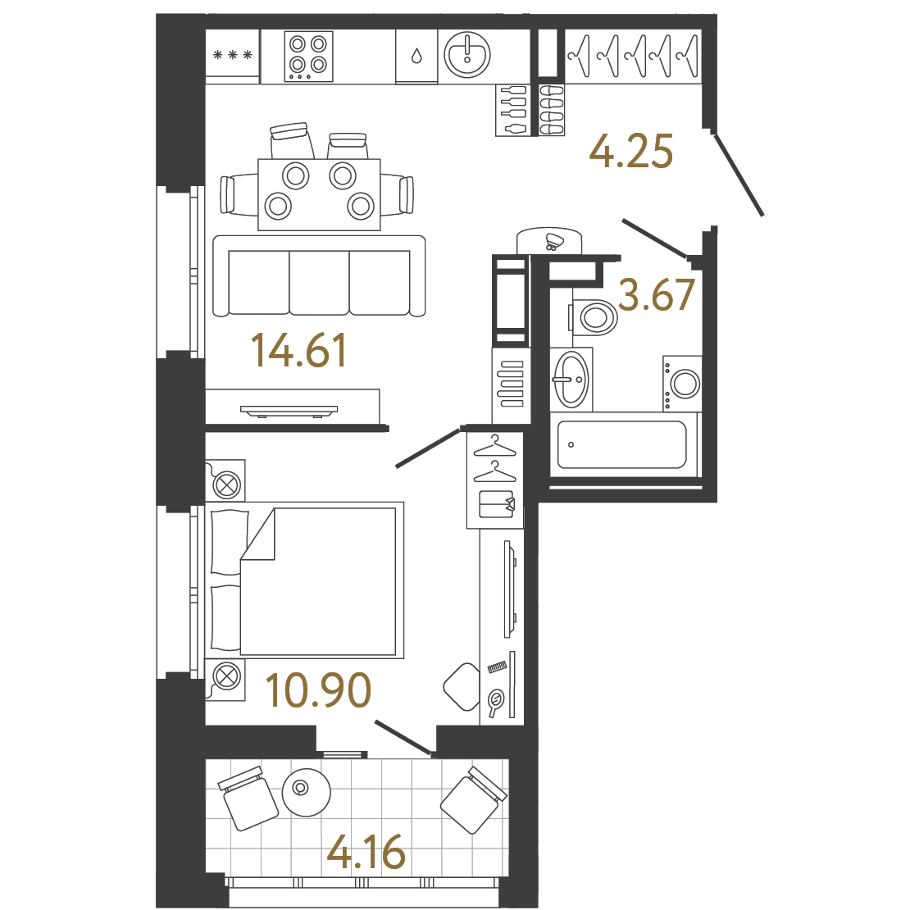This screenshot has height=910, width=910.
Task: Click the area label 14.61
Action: [x=299, y=350]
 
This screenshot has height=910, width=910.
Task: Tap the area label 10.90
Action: [x=318, y=690]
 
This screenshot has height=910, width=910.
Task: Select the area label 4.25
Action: [x=631, y=152]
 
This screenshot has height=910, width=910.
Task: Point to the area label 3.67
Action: [x=657, y=295]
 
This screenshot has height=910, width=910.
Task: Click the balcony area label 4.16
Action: [x=366, y=853]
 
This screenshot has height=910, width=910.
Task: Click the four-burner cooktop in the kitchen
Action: [x=308, y=56]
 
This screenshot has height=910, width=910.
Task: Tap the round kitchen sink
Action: [x=466, y=55]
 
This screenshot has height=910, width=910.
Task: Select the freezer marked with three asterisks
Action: [x=232, y=56]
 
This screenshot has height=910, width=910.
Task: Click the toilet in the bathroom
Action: [x=595, y=316]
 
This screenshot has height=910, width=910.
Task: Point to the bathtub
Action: [x=622, y=445]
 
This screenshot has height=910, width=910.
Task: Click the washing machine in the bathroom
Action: [x=683, y=384]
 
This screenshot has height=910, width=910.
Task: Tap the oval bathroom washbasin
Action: [x=571, y=379]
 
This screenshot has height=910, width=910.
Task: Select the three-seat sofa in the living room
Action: [x=319, y=277]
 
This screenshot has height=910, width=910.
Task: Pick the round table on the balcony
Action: [x=306, y=791]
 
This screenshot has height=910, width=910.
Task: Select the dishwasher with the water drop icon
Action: [x=416, y=56]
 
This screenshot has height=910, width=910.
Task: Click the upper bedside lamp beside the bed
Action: [x=226, y=483]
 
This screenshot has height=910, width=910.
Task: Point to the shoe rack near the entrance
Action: [x=552, y=109]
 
